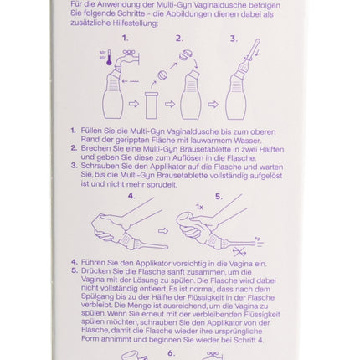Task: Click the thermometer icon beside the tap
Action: (x=109, y=58)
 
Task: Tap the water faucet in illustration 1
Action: (x=126, y=59)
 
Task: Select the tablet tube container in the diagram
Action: (x=152, y=106)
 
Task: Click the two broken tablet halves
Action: (x=186, y=54)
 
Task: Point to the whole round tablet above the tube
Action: (x=162, y=75)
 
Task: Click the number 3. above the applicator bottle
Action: (x=234, y=39)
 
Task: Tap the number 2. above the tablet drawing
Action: (x=179, y=39)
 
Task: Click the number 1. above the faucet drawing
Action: (x=126, y=38)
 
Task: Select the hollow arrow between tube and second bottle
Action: (x=170, y=105)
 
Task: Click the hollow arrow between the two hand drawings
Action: (x=163, y=231)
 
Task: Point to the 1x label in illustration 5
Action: (x=199, y=207)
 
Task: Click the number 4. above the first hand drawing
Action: (x=131, y=196)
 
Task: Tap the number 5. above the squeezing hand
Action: (x=219, y=197)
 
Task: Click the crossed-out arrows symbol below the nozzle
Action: (x=239, y=252)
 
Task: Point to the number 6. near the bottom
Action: (x=172, y=353)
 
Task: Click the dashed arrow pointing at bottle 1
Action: (x=131, y=81)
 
